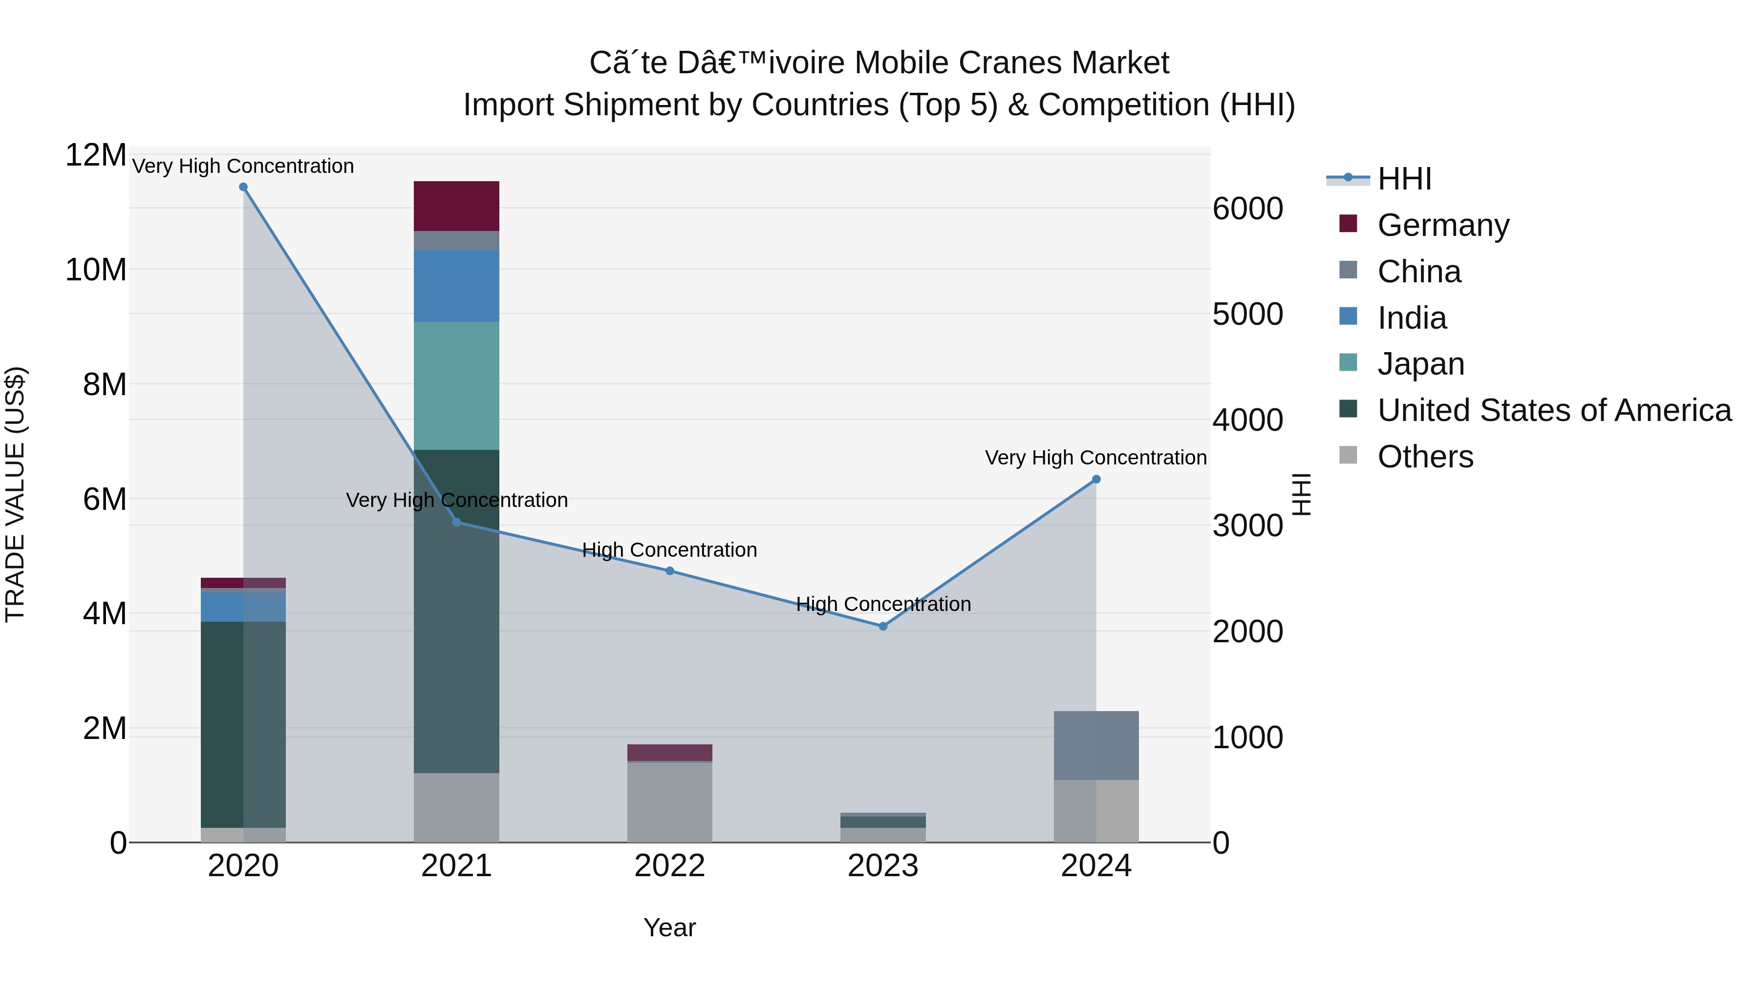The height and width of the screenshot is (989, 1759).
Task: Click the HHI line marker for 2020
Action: click(243, 187)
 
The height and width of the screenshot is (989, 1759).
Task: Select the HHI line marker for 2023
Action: click(883, 626)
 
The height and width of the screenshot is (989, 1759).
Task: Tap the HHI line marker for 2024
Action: click(1096, 479)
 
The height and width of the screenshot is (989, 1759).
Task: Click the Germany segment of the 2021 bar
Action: click(456, 206)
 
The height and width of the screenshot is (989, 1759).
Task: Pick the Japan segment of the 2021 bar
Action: click(456, 386)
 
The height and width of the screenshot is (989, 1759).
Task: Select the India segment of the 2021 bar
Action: click(456, 286)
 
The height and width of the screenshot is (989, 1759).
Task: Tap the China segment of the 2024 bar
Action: click(1096, 745)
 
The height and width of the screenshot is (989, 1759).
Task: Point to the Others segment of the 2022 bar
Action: click(669, 802)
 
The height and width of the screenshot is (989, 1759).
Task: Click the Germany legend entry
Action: click(1443, 225)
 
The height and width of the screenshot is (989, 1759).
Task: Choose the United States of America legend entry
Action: click(1554, 410)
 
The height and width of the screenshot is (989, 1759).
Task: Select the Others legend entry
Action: click(1425, 457)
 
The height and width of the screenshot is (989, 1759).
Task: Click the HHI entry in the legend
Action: click(1404, 179)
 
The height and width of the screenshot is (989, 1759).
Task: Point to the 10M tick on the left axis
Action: click(96, 270)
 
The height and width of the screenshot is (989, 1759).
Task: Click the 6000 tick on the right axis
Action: click(1247, 209)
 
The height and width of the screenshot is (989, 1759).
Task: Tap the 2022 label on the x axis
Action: click(669, 866)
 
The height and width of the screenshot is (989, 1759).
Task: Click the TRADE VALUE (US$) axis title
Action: click(15, 494)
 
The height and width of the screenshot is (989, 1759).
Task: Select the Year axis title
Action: click(669, 927)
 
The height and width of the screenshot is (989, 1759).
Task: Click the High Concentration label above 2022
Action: click(669, 549)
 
